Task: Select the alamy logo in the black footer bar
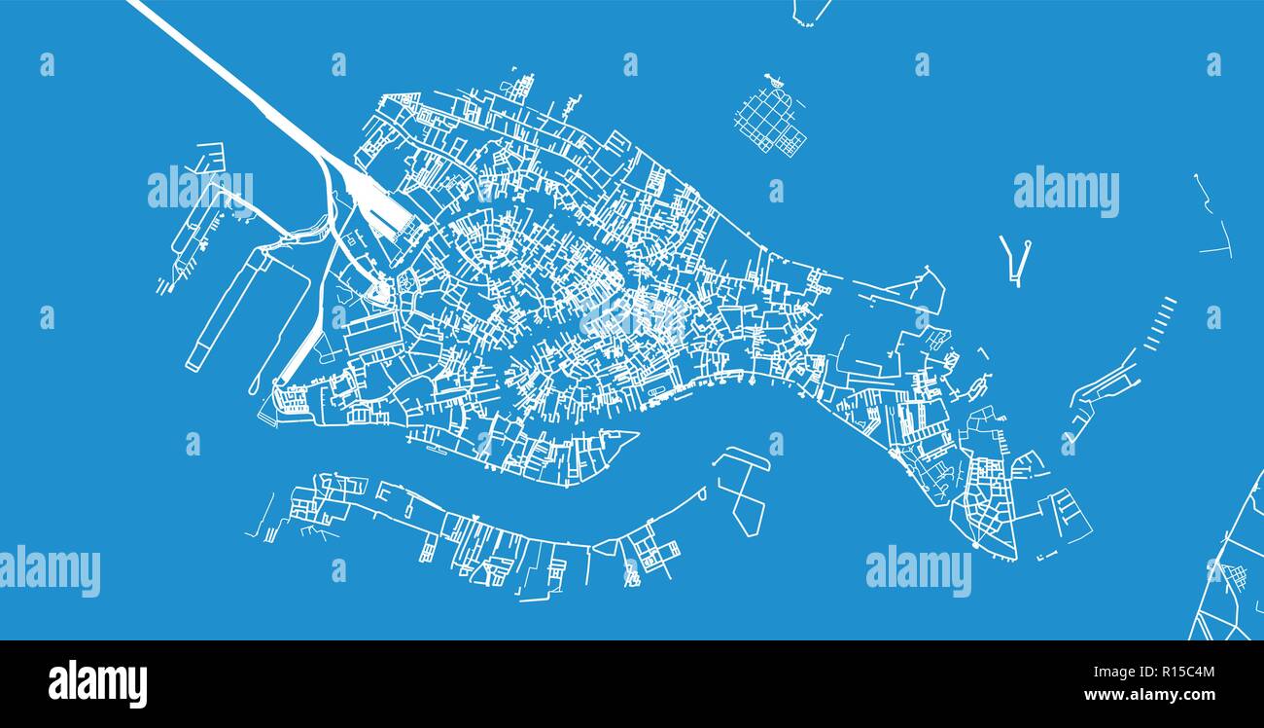(x=97, y=683)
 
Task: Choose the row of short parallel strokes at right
(x=1159, y=323)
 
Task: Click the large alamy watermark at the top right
(x=1066, y=191)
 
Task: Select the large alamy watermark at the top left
(x=200, y=191)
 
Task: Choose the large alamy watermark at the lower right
(x=918, y=571)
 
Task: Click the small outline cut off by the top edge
(x=810, y=11)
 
